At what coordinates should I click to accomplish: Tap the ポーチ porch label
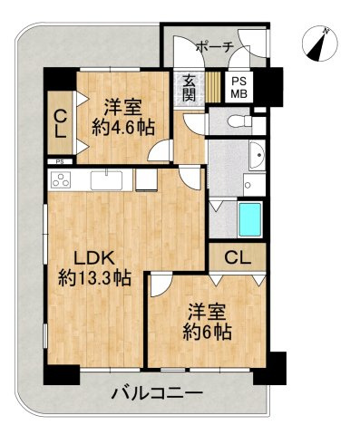point(214,47)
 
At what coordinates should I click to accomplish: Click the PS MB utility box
point(239,87)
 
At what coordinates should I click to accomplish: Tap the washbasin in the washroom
point(254,153)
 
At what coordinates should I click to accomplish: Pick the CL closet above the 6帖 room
point(237,256)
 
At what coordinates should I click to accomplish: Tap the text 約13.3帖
point(94,277)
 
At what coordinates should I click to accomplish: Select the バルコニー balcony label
point(156,392)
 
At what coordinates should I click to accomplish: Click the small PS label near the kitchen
point(60,162)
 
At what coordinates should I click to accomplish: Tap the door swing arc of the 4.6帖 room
point(160,151)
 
